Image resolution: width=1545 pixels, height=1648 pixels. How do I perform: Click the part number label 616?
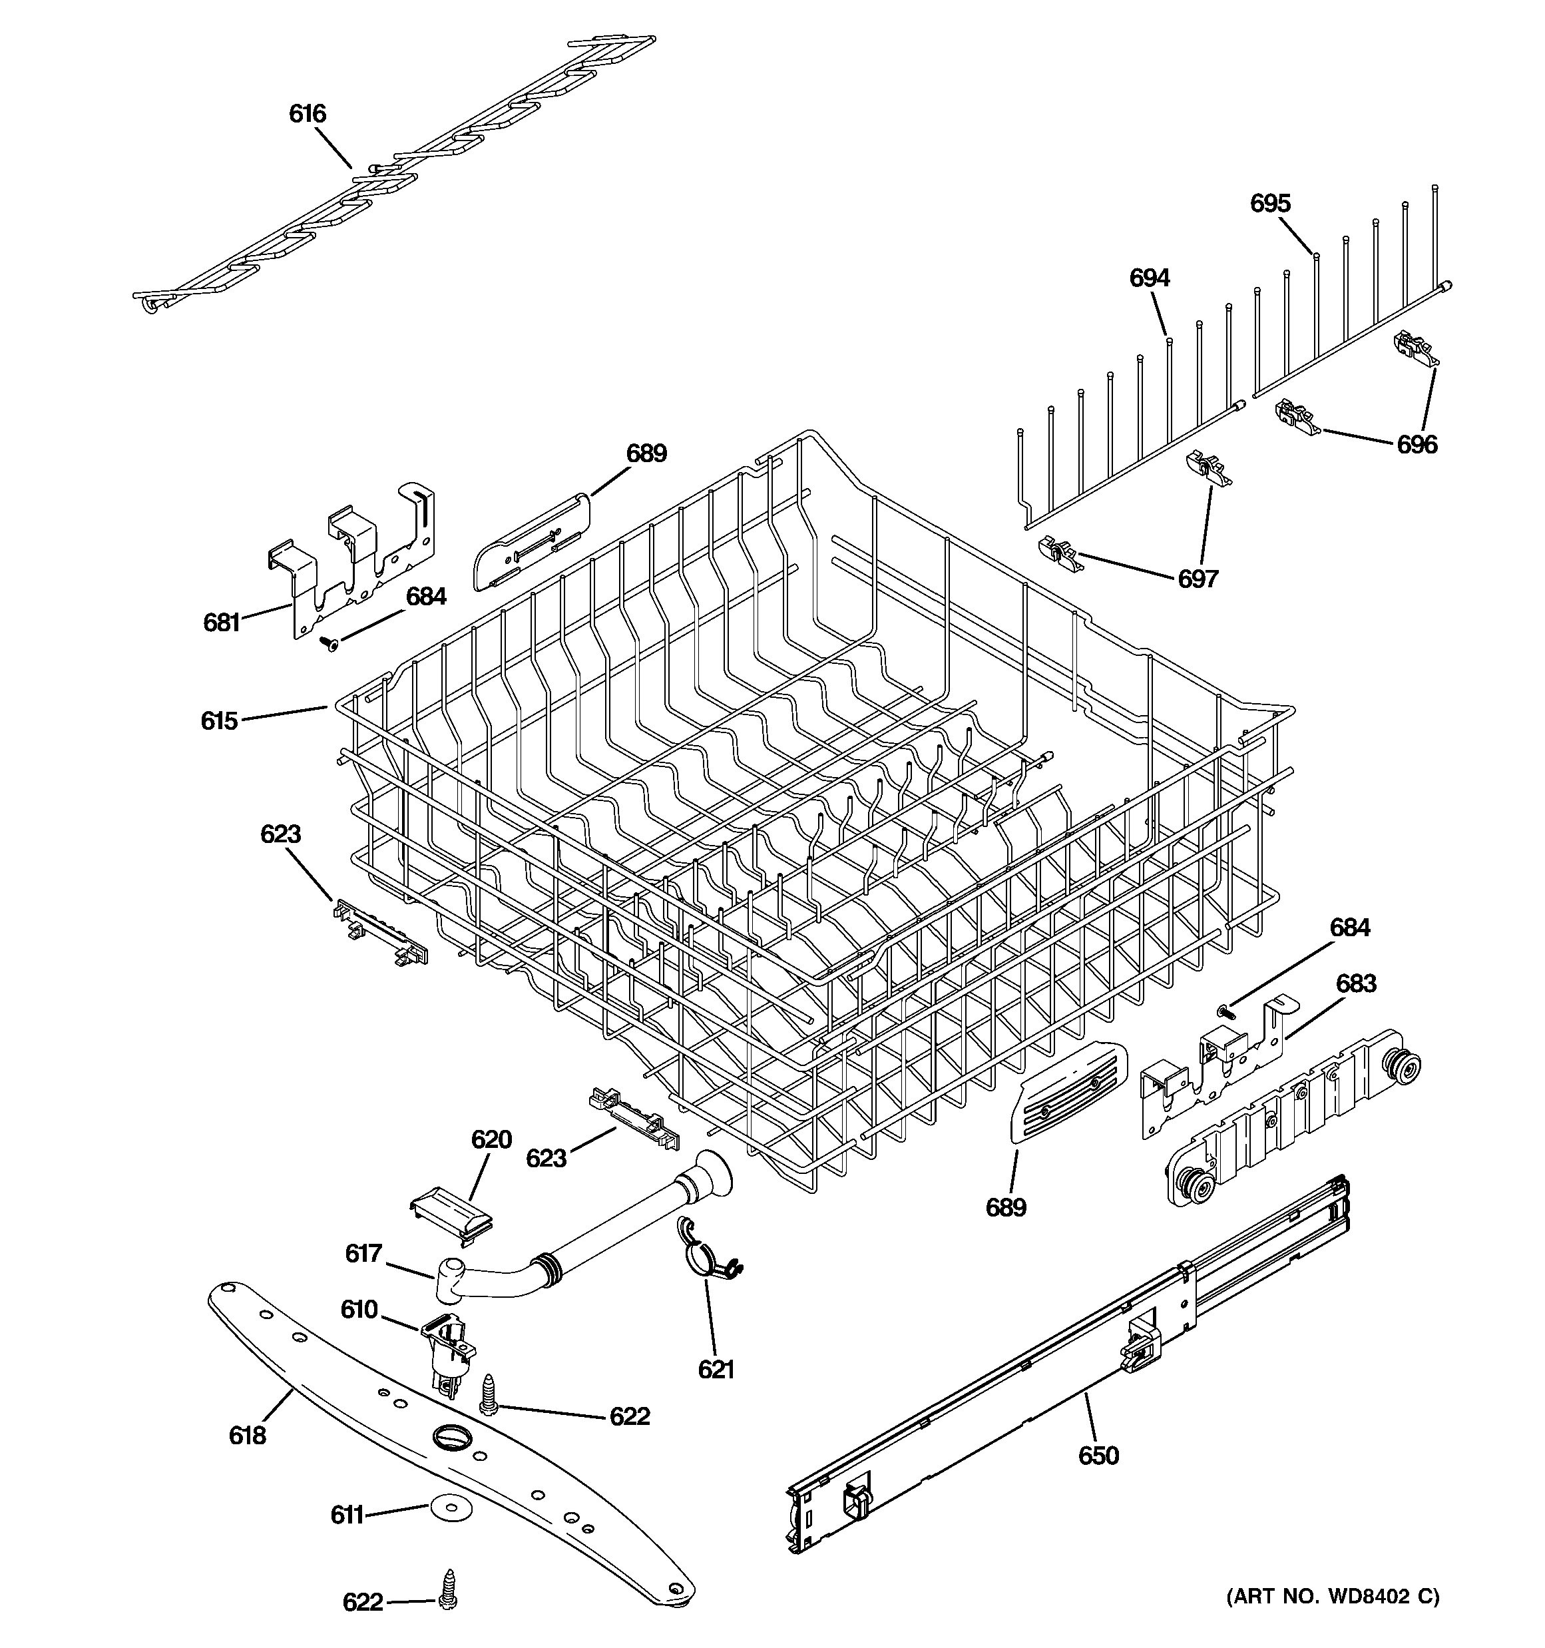[x=307, y=114]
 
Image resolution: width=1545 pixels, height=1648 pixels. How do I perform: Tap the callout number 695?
[x=1270, y=203]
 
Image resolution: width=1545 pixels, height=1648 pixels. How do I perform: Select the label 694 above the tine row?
[x=1149, y=278]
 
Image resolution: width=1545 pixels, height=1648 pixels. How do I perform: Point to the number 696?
[x=1417, y=445]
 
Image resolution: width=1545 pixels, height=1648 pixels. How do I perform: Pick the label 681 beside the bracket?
[x=221, y=623]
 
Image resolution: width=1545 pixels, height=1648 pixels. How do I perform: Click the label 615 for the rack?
[x=219, y=721]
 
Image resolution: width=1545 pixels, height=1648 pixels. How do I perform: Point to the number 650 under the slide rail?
[x=1098, y=1456]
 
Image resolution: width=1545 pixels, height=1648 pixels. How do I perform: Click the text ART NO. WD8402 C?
[x=1333, y=1597]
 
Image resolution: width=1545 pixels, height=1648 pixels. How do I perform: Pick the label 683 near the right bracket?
[x=1355, y=984]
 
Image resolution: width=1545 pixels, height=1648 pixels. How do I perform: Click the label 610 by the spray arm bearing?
[x=359, y=1310]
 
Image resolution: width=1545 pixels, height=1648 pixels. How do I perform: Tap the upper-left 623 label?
[x=280, y=834]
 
